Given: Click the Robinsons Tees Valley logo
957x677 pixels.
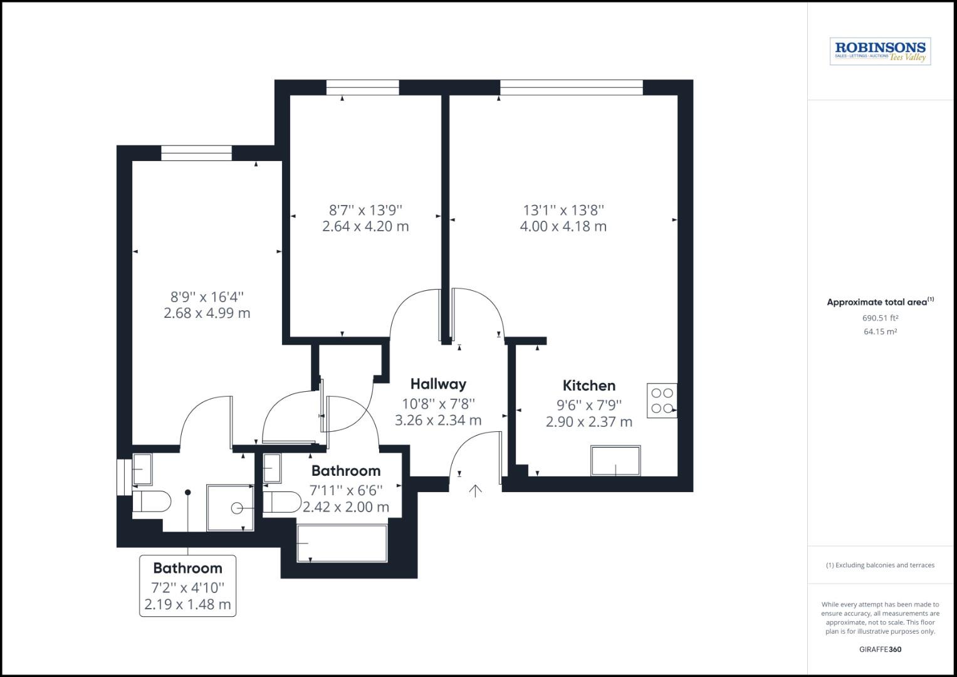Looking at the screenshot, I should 880,51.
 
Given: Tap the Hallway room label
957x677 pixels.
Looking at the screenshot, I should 438,384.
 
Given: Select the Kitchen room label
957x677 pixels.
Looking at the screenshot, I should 588,386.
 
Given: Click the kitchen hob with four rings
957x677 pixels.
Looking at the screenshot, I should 662,401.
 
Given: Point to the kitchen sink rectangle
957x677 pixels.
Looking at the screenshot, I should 615,461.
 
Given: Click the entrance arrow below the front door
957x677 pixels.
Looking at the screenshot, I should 476,490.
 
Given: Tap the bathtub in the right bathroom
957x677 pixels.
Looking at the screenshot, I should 342,543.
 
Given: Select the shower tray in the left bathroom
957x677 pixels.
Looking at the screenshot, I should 230,507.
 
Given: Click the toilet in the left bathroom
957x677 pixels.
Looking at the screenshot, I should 152,501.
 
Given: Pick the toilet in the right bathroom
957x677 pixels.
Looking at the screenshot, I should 283,502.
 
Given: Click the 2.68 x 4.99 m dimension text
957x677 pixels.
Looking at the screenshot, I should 207,313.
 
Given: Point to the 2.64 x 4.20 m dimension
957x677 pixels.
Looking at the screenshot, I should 365,226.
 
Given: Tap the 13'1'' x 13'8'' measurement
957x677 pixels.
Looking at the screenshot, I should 563,210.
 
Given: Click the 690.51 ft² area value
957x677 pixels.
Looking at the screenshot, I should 880,318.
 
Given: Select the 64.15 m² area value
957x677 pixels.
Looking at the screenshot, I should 880,332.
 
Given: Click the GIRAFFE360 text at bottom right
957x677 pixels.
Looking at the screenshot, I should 880,649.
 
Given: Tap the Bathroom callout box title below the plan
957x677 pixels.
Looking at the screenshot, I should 187,568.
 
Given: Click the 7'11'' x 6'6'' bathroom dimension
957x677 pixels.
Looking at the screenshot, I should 346,490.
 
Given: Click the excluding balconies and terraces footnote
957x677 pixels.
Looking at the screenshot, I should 880,565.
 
